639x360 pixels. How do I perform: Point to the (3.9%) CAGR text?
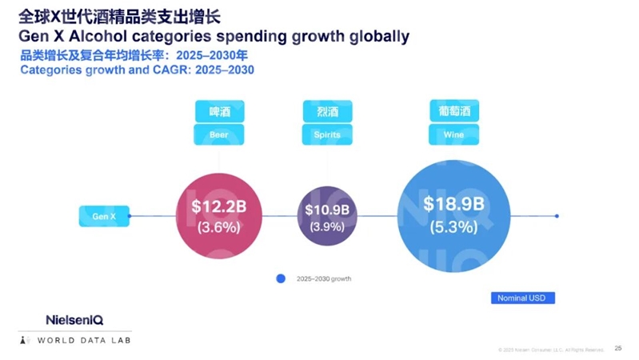click(x=326, y=226)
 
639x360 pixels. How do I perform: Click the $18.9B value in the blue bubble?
click(x=453, y=204)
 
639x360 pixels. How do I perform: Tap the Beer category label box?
click(x=218, y=134)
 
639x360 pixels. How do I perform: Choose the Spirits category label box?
click(x=327, y=134)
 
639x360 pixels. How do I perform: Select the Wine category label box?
click(x=453, y=134)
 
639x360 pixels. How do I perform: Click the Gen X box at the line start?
click(x=104, y=216)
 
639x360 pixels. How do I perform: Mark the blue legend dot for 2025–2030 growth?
click(x=281, y=278)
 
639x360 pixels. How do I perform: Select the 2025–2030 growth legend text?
click(x=323, y=279)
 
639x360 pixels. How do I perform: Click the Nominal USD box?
click(x=522, y=298)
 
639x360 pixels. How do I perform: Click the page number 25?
click(x=617, y=348)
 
